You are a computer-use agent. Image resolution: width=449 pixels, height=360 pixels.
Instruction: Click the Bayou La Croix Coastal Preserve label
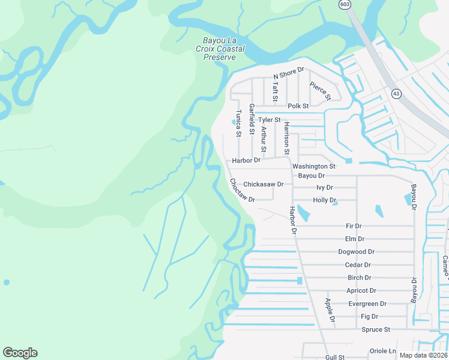click(219, 49)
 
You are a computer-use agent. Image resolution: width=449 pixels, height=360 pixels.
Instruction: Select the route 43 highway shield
click(396, 94)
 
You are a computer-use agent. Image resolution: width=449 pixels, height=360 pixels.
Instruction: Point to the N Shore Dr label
click(289, 73)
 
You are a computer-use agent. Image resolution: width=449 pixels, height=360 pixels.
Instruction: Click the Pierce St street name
click(320, 90)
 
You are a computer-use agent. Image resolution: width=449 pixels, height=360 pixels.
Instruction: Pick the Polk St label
click(298, 106)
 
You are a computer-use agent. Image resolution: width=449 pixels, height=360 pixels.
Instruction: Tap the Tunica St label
click(238, 122)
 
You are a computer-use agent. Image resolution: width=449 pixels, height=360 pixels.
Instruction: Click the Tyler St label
click(270, 120)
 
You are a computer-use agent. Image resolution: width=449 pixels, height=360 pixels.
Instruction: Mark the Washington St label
click(313, 166)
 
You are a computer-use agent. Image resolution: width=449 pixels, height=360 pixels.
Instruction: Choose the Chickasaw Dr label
click(263, 184)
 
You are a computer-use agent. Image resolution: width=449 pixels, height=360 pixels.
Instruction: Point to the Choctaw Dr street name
click(242, 190)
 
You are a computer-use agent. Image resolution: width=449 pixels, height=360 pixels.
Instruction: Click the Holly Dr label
click(325, 200)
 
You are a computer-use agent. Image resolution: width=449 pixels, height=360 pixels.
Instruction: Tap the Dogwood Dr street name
click(356, 252)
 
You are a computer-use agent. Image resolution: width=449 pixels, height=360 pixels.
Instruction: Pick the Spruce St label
click(376, 329)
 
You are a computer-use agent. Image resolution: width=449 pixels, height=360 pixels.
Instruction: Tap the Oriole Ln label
click(384, 351)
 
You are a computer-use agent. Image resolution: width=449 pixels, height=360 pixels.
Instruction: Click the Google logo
click(20, 353)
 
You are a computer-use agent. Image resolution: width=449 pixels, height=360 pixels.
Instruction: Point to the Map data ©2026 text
click(423, 355)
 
